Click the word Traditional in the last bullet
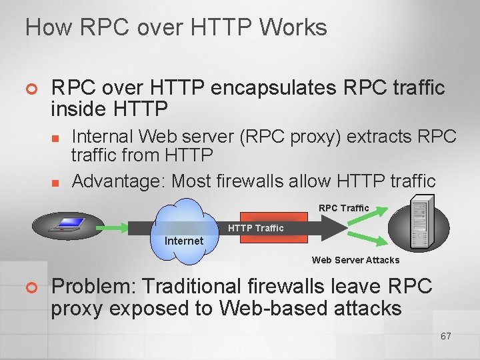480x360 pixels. tap(207, 287)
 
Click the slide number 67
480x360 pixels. tap(445, 336)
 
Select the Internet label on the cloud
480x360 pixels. tap(183, 241)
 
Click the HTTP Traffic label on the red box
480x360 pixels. tap(255, 228)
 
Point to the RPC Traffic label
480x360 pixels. tap(343, 208)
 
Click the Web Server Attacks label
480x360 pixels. tap(355, 260)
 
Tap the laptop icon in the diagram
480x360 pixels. tap(67, 224)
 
